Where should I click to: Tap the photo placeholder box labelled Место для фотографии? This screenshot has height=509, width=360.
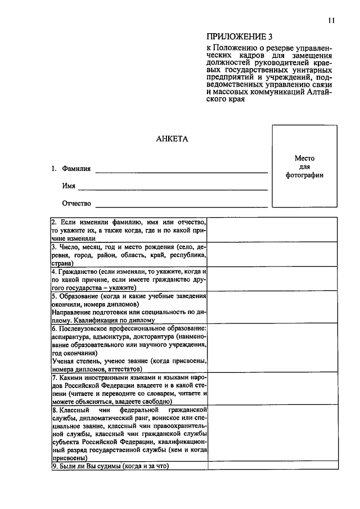(304, 167)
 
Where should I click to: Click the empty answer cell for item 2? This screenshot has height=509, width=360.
(273, 230)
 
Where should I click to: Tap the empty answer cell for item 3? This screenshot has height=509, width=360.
(273, 255)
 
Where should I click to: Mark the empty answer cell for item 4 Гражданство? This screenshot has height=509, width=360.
(273, 279)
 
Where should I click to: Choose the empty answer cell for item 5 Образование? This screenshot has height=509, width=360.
(273, 308)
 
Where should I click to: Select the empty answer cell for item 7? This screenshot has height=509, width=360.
(273, 389)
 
